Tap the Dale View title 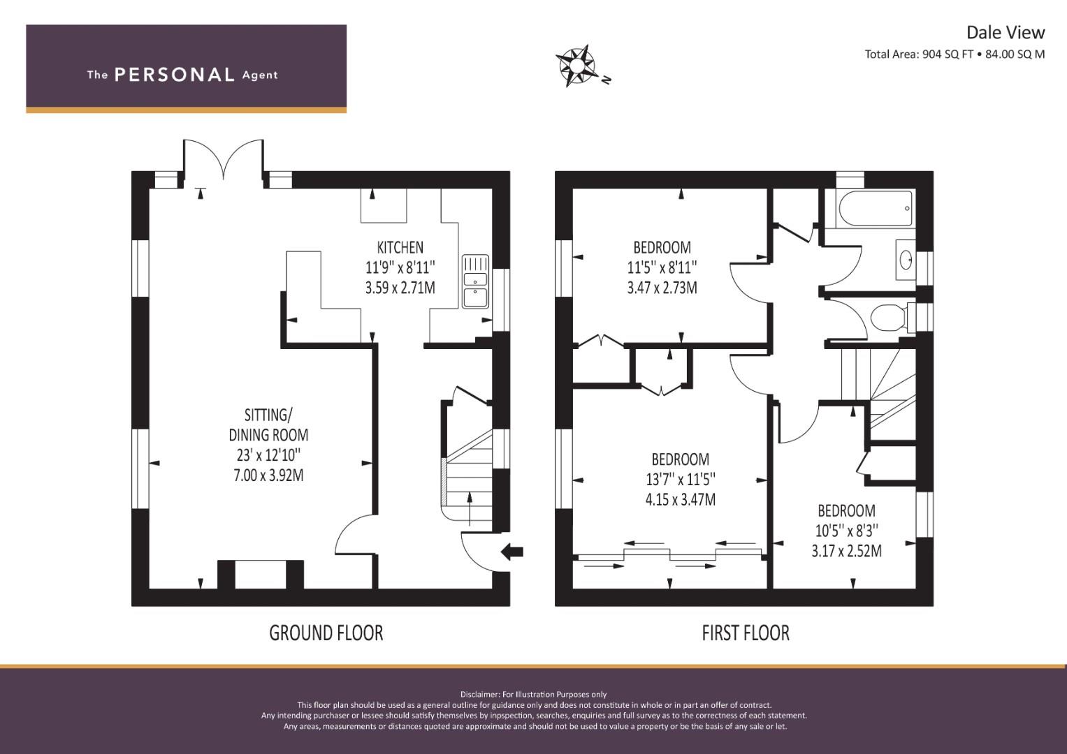(1005, 32)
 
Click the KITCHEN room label (400, 247)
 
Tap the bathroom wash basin (906, 260)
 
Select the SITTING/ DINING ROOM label (268, 425)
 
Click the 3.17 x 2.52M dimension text (846, 551)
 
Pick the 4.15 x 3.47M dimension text (680, 500)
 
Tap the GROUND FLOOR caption (326, 633)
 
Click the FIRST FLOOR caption (745, 633)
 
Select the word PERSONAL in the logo (174, 75)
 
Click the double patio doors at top (224, 159)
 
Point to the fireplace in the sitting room (261, 575)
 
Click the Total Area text (954, 54)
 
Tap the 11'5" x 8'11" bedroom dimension (662, 267)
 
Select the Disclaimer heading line (533, 694)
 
